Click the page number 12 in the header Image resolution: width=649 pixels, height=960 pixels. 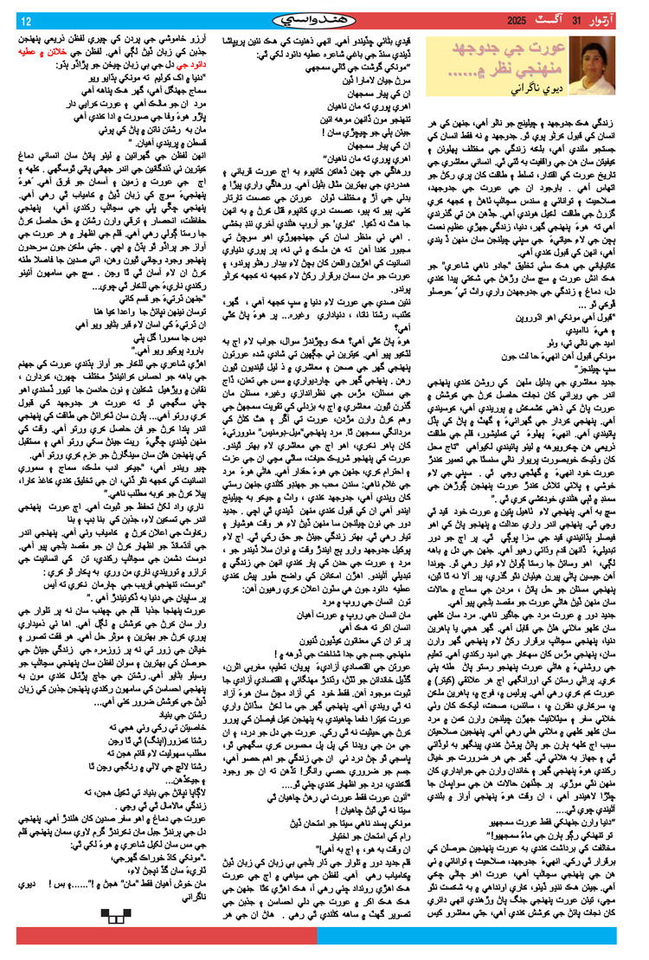(x=27, y=20)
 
